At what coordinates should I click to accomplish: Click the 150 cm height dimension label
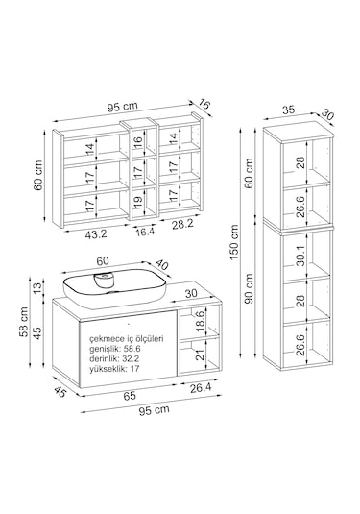(x=234, y=242)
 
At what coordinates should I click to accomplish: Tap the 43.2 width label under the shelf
(x=96, y=234)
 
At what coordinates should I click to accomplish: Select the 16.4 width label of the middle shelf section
(x=145, y=232)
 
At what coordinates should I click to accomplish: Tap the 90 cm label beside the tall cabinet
(x=249, y=289)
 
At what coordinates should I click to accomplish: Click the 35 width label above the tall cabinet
(x=289, y=110)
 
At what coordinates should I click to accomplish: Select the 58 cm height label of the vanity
(x=24, y=322)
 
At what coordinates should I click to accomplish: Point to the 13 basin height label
(x=38, y=287)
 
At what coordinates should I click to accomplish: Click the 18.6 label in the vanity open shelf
(x=200, y=321)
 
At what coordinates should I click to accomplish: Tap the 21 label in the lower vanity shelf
(x=200, y=355)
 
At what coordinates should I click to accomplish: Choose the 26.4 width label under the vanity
(x=201, y=388)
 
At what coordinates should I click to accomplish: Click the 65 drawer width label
(x=130, y=396)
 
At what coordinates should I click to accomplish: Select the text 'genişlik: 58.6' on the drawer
(x=114, y=349)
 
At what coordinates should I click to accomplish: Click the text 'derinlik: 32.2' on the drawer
(x=114, y=358)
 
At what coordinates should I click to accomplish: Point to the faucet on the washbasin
(x=106, y=281)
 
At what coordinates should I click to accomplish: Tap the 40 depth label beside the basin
(x=162, y=265)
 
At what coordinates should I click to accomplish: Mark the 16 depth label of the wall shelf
(x=204, y=105)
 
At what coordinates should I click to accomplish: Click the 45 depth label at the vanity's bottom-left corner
(x=60, y=392)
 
